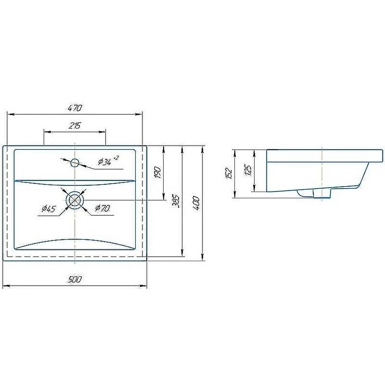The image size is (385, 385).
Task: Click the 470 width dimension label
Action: [75, 108]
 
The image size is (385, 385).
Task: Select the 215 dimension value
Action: [75, 126]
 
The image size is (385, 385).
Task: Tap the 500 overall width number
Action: [75, 280]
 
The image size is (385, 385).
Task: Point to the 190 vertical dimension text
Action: [157, 172]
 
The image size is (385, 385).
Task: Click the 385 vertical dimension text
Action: [176, 201]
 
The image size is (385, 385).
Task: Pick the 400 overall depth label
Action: [196, 203]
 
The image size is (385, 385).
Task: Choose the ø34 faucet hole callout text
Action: [105, 162]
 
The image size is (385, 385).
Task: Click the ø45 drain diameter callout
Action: [49, 209]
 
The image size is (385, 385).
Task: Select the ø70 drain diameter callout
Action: [103, 208]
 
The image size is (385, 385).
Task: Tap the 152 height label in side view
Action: [229, 173]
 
